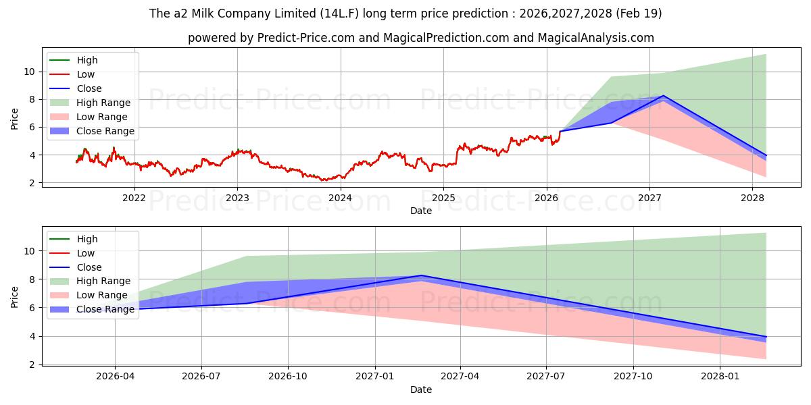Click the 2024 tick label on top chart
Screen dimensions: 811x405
coord(340,198)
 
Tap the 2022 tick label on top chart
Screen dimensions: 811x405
coord(134,198)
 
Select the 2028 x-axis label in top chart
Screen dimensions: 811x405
coord(752,198)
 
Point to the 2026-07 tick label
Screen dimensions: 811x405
coord(201,377)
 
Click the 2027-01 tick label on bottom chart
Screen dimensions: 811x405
coord(374,377)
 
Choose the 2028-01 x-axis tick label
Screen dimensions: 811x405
coord(720,377)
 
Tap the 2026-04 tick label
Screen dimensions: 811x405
coord(115,377)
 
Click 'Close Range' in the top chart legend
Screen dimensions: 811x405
coord(105,131)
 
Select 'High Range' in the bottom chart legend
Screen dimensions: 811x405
coord(103,281)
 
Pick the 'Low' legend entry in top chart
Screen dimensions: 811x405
coord(86,74)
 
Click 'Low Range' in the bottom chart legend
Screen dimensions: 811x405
coord(102,295)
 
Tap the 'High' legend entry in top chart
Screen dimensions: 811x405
coord(87,60)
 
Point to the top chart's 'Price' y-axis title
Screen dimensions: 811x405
coord(14,119)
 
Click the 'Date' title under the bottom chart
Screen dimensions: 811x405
coord(420,389)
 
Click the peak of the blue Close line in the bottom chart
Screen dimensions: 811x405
coord(421,275)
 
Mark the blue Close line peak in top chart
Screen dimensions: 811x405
coord(663,95)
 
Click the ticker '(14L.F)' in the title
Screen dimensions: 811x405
coord(339,13)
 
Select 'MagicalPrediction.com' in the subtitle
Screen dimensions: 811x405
coord(447,38)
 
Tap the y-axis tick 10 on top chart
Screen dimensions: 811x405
coord(29,72)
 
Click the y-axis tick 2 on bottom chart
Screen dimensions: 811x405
coord(32,365)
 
